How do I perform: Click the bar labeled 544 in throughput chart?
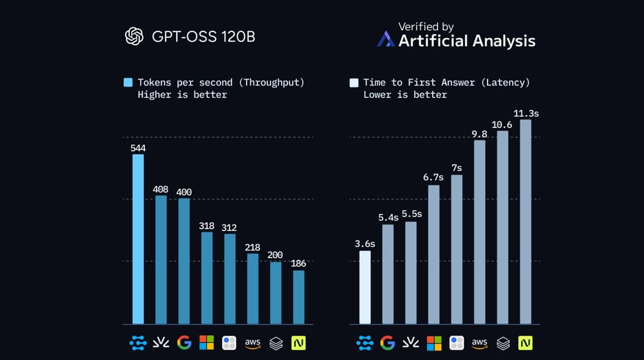click(138, 238)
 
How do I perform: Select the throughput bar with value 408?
click(161, 259)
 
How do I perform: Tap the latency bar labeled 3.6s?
click(365, 287)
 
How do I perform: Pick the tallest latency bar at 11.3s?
click(525, 222)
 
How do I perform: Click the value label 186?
click(298, 263)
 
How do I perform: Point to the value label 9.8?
click(479, 134)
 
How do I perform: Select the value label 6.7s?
click(433, 177)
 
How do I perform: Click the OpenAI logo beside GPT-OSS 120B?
click(134, 37)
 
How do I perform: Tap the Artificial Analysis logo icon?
click(386, 40)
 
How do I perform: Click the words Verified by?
click(426, 27)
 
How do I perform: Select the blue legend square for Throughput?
click(128, 83)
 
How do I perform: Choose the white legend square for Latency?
click(354, 83)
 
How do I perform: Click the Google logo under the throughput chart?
click(184, 343)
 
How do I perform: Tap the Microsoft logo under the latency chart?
click(434, 343)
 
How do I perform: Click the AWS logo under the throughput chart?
click(252, 343)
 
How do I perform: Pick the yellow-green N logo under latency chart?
click(525, 343)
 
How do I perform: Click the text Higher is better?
click(182, 95)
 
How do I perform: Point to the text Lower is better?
click(405, 95)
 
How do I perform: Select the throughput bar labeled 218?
click(252, 288)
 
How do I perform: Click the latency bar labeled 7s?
click(457, 249)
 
